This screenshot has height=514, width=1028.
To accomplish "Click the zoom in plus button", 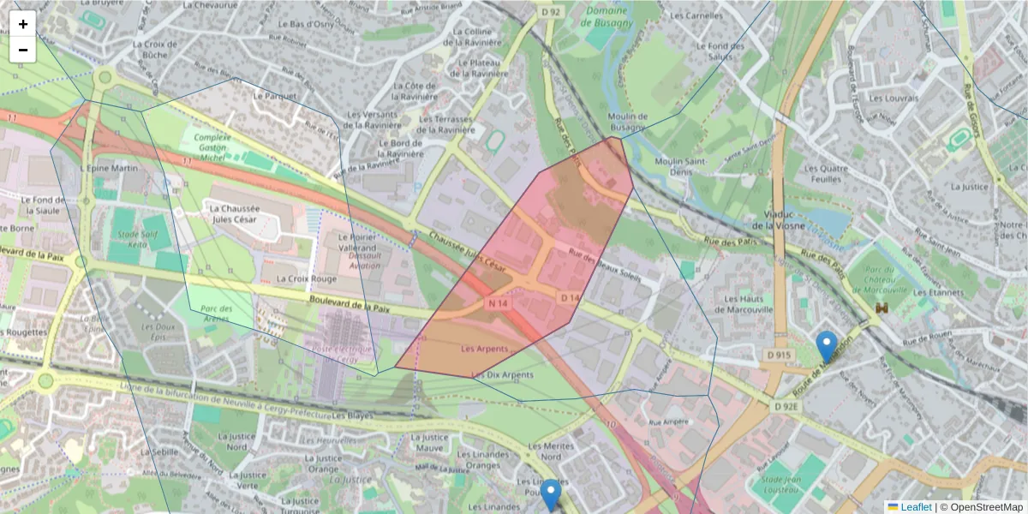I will [x=23, y=24].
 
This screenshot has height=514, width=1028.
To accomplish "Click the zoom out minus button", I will [x=23, y=50].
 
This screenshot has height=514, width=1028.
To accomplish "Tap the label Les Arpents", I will [x=484, y=349].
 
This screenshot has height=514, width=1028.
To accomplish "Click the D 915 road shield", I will [x=779, y=355].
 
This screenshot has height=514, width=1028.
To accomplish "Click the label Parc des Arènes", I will [x=217, y=314].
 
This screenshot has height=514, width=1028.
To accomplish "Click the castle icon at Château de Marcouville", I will [x=881, y=308].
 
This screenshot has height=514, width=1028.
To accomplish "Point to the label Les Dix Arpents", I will [x=503, y=374].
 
